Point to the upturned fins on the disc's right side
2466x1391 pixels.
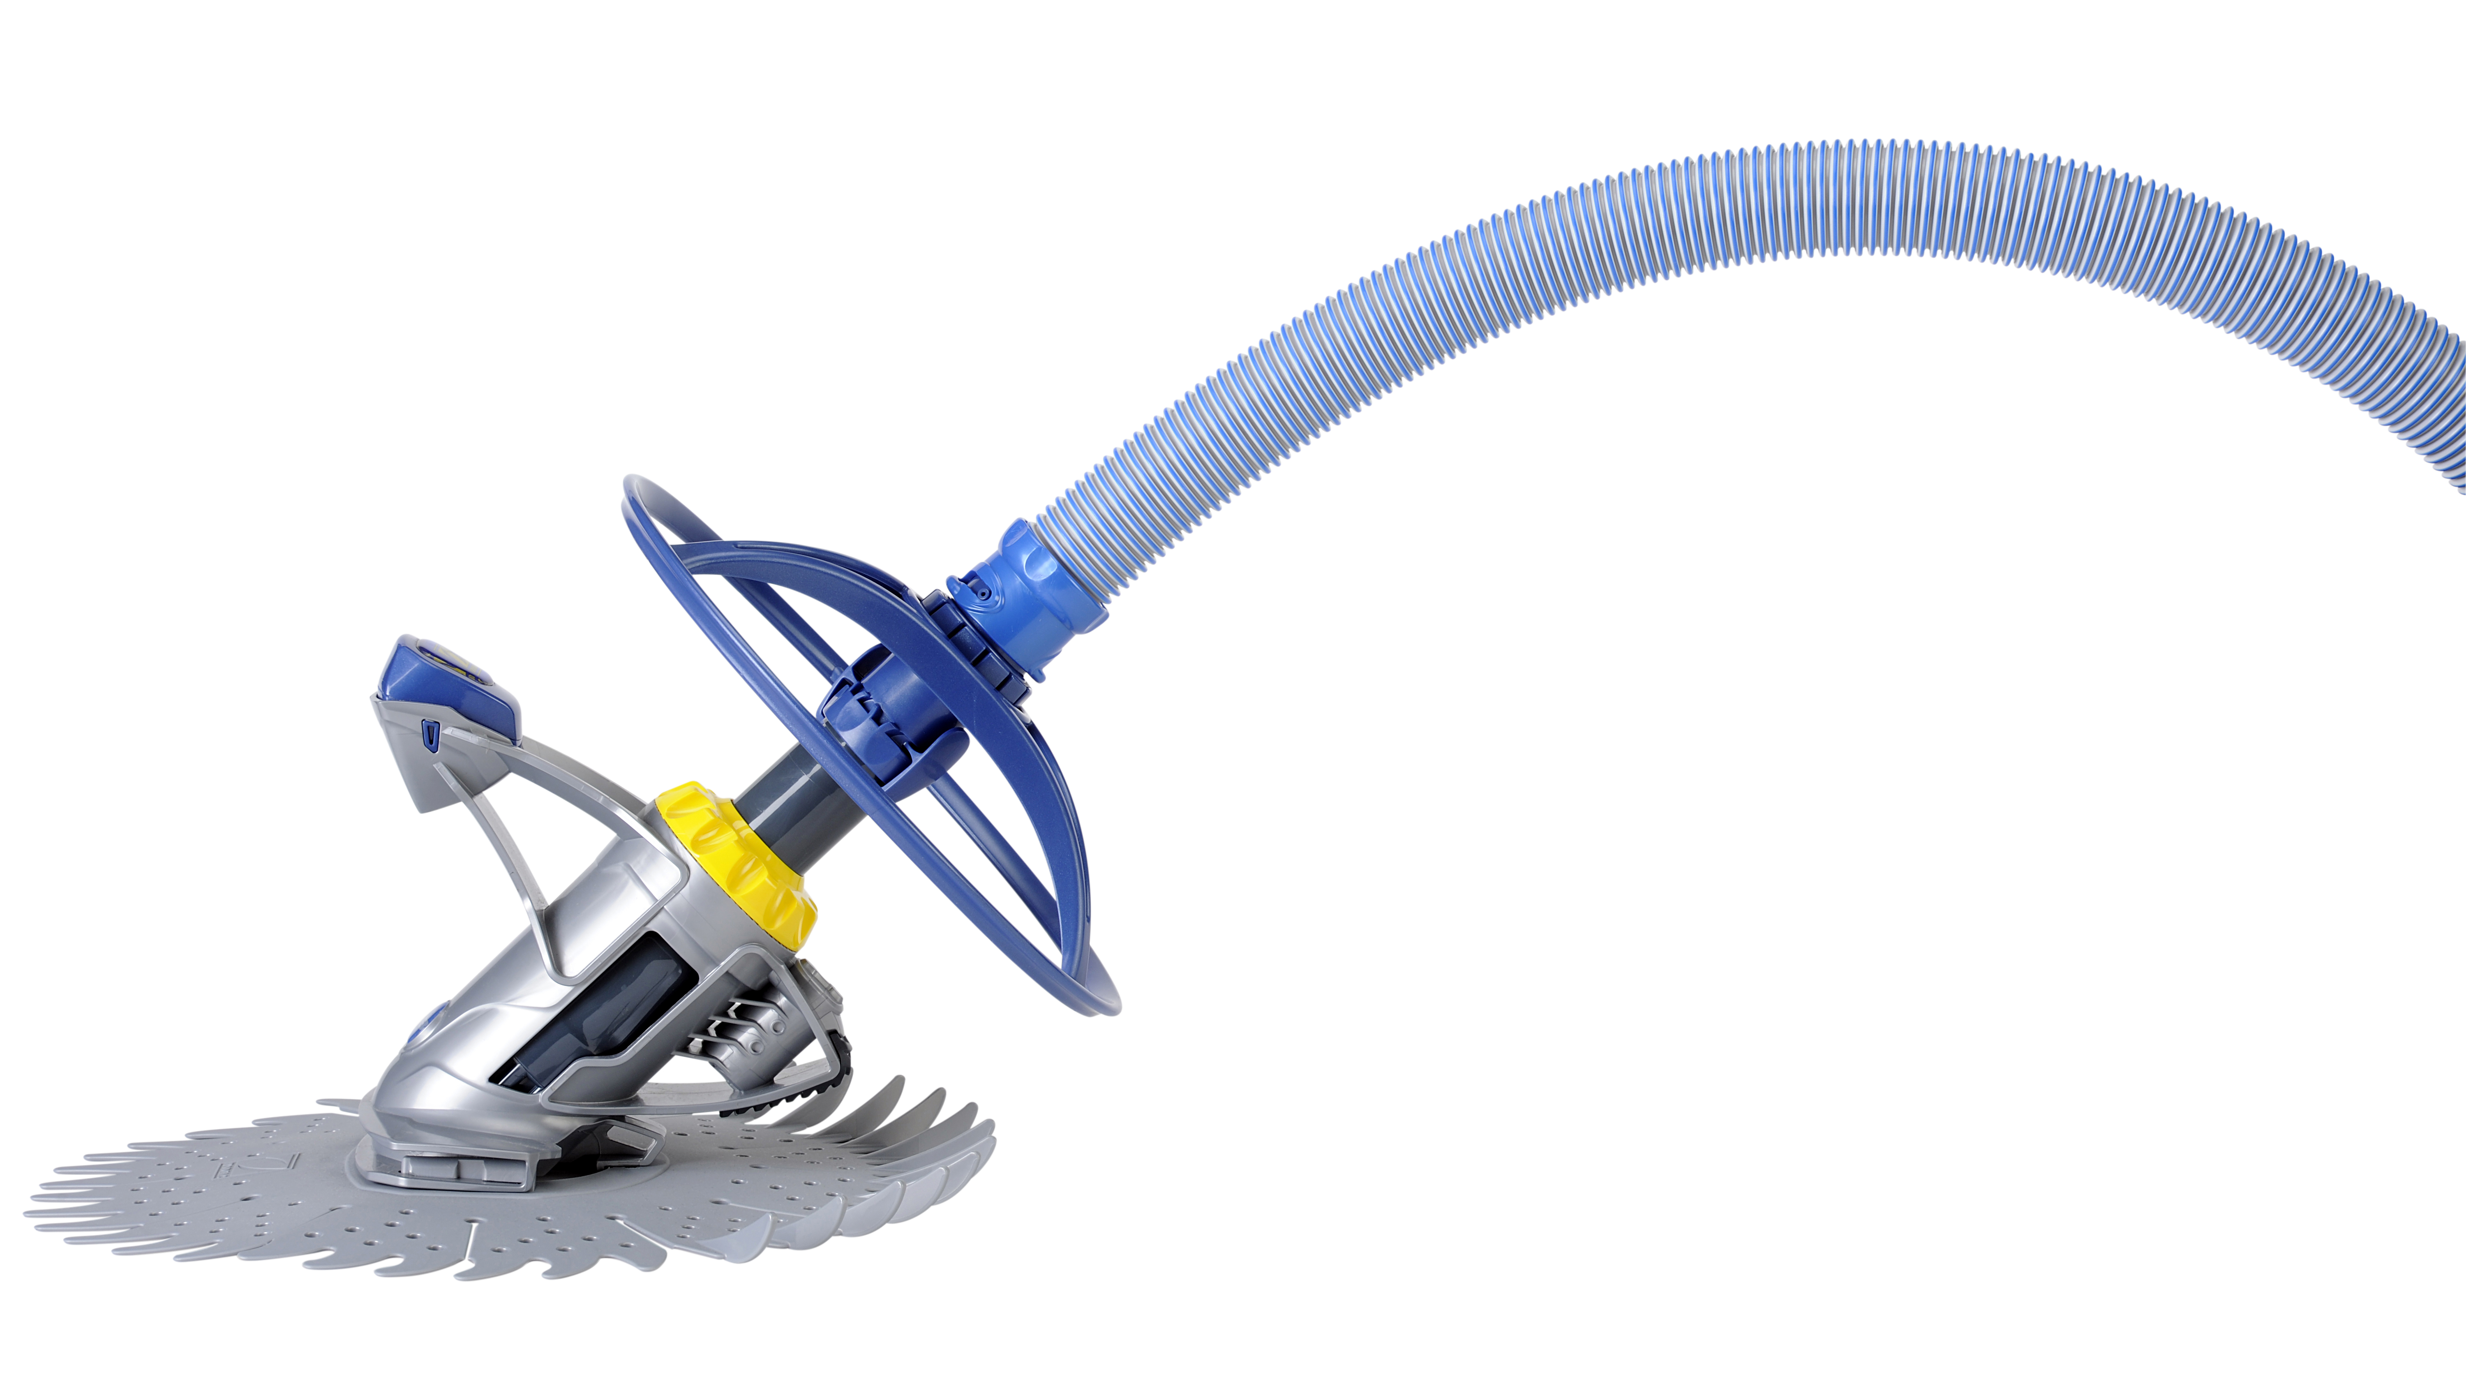coord(919,1149)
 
